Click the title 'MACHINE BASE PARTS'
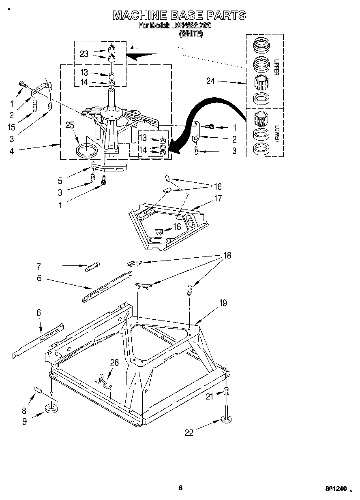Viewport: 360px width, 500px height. pos(179,15)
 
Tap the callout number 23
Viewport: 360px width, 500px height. pos(84,54)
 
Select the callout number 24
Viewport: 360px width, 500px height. pos(210,81)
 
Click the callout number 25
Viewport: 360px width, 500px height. pos(71,125)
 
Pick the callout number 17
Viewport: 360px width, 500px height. pos(219,199)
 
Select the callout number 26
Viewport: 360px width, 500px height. pos(114,363)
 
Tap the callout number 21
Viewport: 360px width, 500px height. pos(209,397)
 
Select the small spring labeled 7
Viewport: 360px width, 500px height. pos(92,266)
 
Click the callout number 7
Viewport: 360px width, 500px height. pos(39,266)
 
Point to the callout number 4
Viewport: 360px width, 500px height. pos(12,152)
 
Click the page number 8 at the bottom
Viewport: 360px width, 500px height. pos(181,488)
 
